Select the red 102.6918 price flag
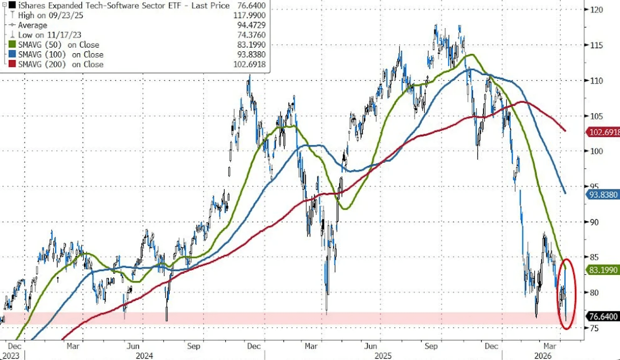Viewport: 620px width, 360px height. [603, 132]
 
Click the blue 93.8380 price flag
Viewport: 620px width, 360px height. [603, 194]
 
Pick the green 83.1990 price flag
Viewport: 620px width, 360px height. [603, 269]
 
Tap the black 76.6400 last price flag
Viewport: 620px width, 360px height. [603, 317]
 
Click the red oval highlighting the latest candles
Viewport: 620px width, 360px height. [566, 294]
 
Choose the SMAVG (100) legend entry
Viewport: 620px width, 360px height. [61, 55]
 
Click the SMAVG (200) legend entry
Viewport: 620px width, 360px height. [61, 64]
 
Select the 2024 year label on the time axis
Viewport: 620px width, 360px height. [144, 356]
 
